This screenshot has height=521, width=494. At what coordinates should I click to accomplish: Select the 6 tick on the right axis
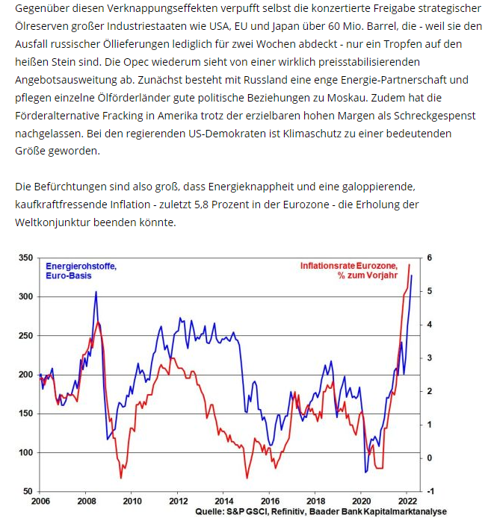(x=430, y=258)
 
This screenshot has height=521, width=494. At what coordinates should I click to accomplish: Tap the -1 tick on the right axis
(x=430, y=491)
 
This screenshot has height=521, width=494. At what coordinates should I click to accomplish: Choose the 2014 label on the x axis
(x=223, y=501)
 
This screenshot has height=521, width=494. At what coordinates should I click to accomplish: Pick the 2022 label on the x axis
(x=407, y=501)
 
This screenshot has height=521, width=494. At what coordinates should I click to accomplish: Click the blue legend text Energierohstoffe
(x=81, y=266)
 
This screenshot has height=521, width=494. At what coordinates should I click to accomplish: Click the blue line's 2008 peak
(x=96, y=292)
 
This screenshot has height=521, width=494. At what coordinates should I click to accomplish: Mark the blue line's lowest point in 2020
(x=365, y=472)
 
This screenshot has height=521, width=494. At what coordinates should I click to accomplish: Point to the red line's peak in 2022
(x=409, y=264)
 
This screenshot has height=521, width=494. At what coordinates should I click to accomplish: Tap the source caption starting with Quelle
(x=321, y=511)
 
